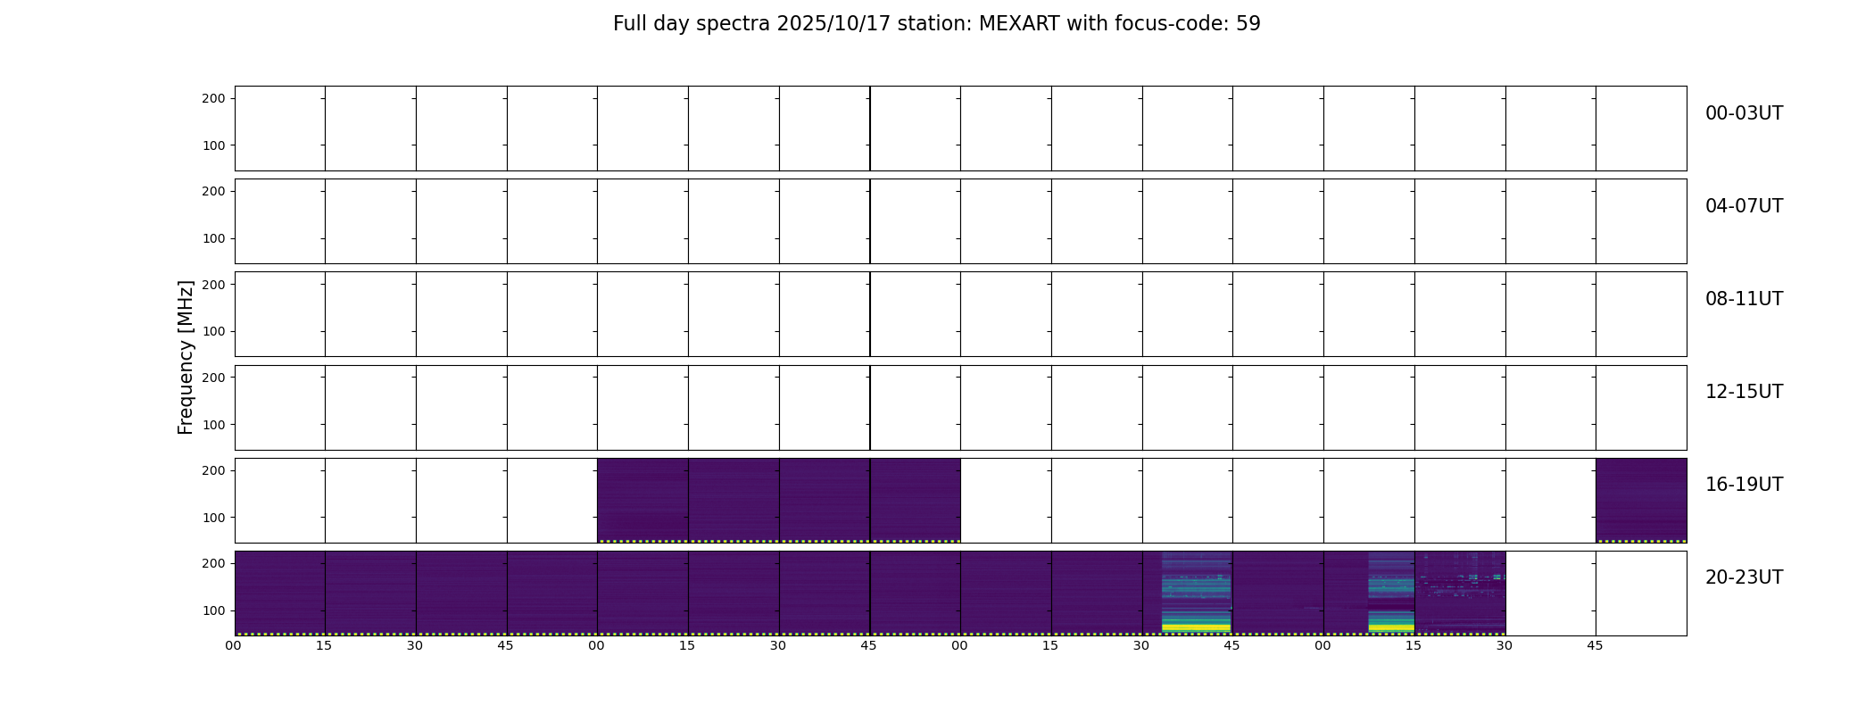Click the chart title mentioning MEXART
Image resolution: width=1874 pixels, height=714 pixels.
(936, 24)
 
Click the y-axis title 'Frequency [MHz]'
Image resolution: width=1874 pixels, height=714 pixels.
(186, 357)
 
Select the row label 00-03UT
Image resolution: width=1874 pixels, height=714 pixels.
(1744, 113)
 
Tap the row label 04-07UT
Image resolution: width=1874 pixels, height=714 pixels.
(1744, 206)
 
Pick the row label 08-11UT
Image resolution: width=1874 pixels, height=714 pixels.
(1744, 299)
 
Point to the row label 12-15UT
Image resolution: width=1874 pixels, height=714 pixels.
(1744, 392)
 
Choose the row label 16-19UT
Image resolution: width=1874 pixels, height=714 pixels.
(1744, 485)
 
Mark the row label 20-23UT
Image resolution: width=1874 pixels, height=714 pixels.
(1744, 577)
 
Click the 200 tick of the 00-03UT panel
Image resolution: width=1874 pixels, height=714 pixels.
(213, 98)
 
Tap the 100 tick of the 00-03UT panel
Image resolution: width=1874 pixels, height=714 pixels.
(213, 145)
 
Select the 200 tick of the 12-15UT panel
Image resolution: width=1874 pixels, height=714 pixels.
(213, 378)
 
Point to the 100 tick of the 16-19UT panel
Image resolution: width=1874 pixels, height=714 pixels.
(213, 518)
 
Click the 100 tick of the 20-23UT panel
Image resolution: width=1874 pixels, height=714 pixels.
(213, 610)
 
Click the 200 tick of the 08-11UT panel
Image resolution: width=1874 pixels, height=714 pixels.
(213, 285)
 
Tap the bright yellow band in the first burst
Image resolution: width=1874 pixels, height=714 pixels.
(1196, 627)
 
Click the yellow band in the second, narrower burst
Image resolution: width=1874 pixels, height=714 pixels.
(1391, 627)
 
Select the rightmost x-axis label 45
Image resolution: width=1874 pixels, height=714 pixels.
(1595, 645)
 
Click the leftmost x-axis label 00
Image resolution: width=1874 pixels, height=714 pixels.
(233, 645)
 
